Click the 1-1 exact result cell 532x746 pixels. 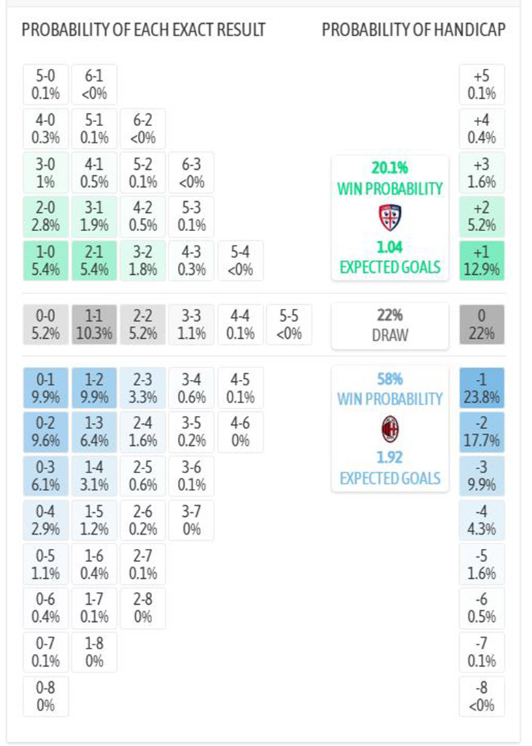click(93, 325)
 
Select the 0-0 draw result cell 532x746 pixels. click(45, 325)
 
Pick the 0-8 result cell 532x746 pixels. click(45, 696)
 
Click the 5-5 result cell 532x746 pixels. click(289, 325)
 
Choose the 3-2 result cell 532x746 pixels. click(142, 260)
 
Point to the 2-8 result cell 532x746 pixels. click(142, 608)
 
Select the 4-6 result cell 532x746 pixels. click(239, 432)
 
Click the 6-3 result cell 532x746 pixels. click(191, 173)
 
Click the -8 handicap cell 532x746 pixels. click(482, 696)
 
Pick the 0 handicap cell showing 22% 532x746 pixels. click(482, 325)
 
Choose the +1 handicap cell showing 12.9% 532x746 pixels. click(482, 260)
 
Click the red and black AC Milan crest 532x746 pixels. click(390, 430)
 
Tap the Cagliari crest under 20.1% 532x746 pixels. click(390, 217)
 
